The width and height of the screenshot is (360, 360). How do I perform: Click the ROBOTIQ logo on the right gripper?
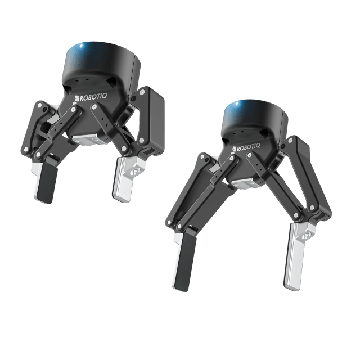(x=246, y=147)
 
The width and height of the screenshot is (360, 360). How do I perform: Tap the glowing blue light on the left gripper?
(x=81, y=46)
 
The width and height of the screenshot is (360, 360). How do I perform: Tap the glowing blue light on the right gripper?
(x=237, y=103)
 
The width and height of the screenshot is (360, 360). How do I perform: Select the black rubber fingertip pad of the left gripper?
(x=47, y=183)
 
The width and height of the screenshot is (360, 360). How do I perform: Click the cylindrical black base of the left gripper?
(x=101, y=62)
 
